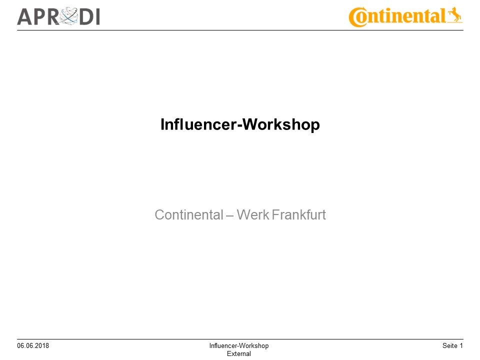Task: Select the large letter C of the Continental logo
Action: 358,17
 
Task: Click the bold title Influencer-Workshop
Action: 240,124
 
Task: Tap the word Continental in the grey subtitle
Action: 189,215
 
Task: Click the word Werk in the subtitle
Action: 252,215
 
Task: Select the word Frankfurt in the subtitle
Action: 299,215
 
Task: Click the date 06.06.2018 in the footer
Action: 33,346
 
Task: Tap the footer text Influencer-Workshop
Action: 239,346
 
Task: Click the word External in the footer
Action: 239,353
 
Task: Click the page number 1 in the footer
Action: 461,346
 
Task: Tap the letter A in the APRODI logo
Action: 25,16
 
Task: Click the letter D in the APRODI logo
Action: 85,16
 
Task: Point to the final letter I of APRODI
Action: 97,16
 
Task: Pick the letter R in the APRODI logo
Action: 53,16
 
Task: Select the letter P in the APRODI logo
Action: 40,16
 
